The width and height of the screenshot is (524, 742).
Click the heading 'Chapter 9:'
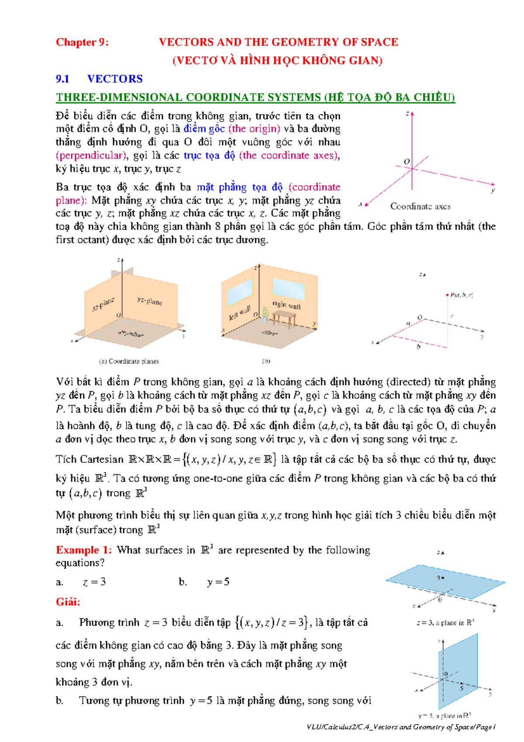click(82, 42)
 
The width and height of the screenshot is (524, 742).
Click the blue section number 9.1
click(62, 79)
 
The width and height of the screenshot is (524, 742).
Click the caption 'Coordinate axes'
click(420, 206)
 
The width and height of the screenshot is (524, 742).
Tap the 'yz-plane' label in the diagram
click(149, 301)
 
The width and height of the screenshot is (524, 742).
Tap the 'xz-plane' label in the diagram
click(103, 304)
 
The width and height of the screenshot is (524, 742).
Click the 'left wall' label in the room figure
click(240, 313)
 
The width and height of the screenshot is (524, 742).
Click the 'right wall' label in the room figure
click(286, 305)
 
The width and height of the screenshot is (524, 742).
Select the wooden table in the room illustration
click(284, 318)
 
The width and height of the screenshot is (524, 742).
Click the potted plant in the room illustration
click(265, 313)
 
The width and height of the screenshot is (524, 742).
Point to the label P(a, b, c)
click(462, 295)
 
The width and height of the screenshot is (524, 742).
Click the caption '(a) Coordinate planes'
click(129, 361)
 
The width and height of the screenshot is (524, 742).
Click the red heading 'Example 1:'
click(83, 550)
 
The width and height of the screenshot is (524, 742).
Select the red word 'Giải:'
click(68, 602)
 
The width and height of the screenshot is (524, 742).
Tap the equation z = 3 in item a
click(94, 582)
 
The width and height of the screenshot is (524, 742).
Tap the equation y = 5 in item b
click(218, 582)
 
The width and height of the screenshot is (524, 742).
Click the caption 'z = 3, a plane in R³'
click(445, 623)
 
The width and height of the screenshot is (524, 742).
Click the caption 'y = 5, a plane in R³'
click(444, 716)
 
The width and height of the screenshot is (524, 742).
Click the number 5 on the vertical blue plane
click(462, 688)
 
